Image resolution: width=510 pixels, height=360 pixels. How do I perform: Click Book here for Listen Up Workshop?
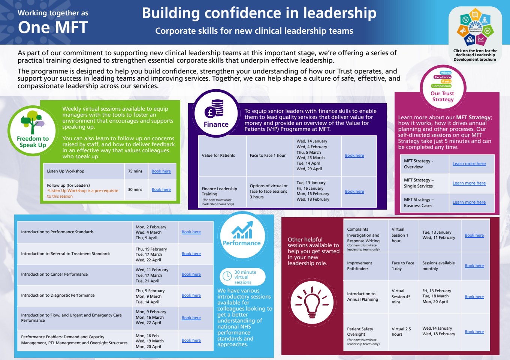[x=161, y=171]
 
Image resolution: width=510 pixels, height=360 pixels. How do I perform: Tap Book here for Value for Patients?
[x=354, y=156]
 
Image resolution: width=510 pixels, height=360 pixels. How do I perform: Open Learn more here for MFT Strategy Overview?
[x=469, y=164]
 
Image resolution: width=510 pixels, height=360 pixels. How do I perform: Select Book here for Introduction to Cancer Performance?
[x=191, y=274]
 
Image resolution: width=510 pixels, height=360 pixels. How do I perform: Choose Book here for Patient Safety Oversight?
[x=474, y=332]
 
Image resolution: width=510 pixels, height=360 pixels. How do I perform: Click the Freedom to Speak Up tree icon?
[x=33, y=122]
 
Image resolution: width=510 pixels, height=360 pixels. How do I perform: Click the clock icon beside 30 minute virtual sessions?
[x=227, y=276]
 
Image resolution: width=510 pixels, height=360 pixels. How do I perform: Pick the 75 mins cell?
[x=135, y=171]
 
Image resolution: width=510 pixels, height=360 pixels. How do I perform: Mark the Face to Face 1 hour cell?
[x=268, y=156]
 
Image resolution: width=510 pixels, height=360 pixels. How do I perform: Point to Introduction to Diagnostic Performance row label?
[x=58, y=295]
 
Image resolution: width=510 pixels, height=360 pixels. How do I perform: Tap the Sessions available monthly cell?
[x=438, y=266]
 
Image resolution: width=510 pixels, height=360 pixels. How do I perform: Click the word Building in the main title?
[x=171, y=13]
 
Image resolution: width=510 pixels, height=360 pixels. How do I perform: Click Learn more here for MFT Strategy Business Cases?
[x=469, y=202]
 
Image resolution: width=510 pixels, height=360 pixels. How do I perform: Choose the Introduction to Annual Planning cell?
[x=362, y=297]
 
